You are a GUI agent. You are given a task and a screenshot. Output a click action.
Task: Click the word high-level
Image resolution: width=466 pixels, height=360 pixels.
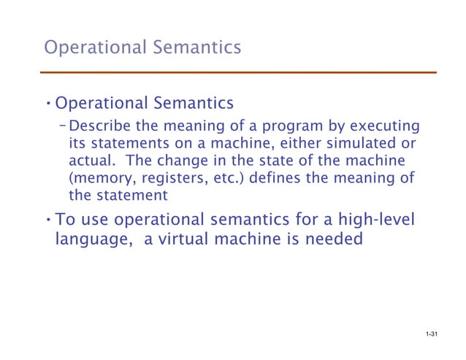click(391, 218)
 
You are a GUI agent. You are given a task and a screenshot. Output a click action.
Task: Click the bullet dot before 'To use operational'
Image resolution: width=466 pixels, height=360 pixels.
click(47, 219)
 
